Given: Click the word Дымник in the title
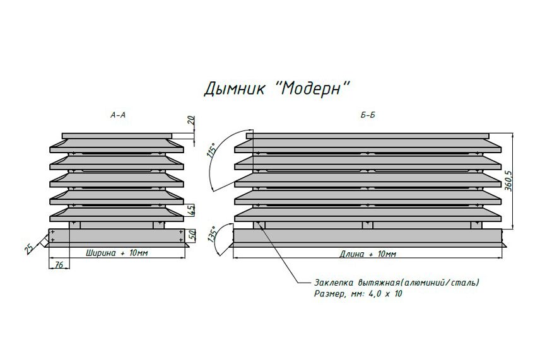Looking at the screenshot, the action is point(234,89).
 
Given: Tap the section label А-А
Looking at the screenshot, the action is point(118,115).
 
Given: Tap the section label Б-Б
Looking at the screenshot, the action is point(368,115).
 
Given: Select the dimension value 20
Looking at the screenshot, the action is point(192,120).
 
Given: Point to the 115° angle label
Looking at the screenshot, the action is point(212,150).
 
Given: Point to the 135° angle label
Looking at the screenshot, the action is point(213,235).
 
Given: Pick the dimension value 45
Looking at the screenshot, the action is point(191,210).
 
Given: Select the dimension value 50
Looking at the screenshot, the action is point(192,235).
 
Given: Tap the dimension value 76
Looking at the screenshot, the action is point(59,264).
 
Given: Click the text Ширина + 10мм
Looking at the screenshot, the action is point(117,253).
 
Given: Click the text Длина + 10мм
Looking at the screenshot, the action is point(368,254).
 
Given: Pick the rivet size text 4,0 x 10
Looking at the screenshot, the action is point(385,294).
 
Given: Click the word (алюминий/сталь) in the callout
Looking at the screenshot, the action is point(440,282).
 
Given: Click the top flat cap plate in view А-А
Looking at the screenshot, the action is point(117,136).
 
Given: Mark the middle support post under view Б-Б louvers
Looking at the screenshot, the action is point(367,224).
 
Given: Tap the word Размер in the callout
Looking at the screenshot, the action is point(329,294).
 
